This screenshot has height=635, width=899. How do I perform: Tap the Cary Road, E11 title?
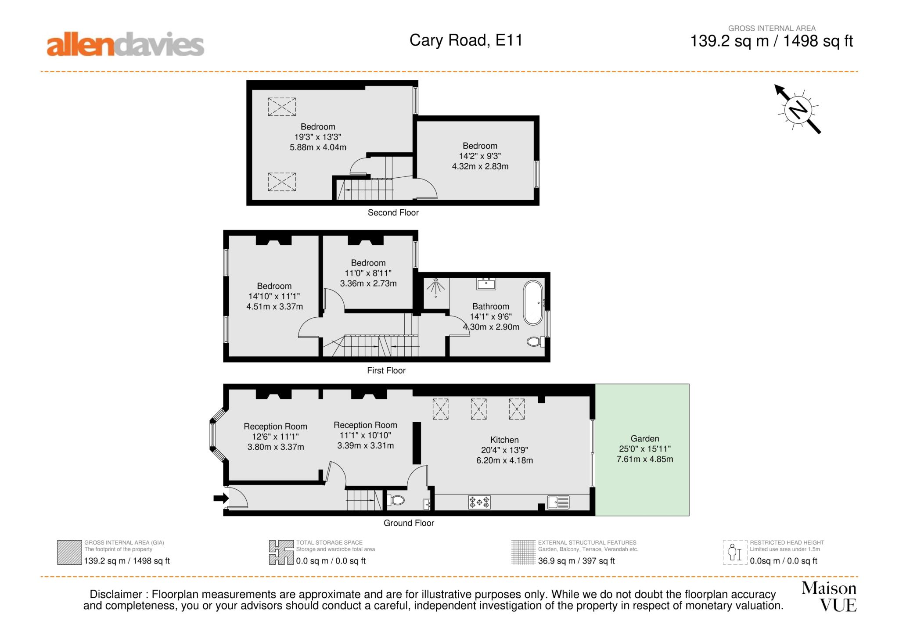(466, 40)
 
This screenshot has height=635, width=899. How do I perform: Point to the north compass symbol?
(798, 109)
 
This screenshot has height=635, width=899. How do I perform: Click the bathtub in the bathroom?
(533, 303)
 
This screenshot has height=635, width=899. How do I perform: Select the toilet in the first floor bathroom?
(536, 341)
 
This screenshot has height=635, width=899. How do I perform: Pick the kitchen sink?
(558, 502)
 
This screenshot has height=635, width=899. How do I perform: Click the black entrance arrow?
(221, 498)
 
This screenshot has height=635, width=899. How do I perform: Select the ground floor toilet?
(396, 500)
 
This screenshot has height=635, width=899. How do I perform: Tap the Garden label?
(645, 438)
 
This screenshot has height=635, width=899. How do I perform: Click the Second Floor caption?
(393, 213)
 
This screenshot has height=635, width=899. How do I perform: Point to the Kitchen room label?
(504, 440)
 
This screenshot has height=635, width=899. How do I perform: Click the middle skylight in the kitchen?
(478, 409)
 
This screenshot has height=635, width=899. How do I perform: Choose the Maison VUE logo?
(829, 596)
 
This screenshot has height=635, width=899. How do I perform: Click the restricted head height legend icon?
(735, 552)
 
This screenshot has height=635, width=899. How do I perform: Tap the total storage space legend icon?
(281, 552)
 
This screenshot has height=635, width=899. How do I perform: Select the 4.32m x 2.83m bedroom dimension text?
(480, 166)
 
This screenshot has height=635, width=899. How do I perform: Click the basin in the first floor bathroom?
(486, 283)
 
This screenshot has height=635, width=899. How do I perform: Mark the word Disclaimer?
(116, 595)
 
